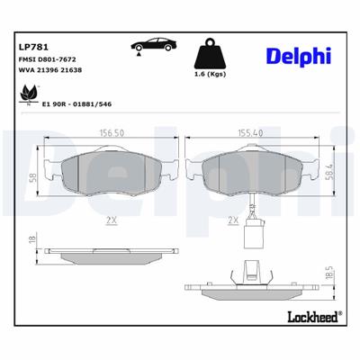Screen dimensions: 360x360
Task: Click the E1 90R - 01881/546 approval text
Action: point(78,104)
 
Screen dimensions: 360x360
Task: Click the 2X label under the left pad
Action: point(109,218)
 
